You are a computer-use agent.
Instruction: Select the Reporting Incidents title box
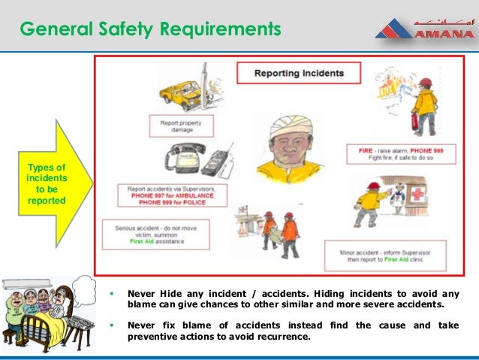pos(299,74)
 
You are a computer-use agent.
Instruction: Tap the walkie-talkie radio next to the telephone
pos(216,162)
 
